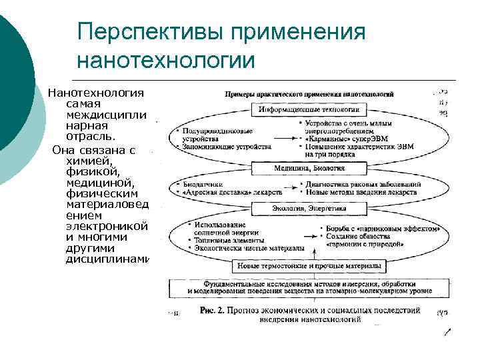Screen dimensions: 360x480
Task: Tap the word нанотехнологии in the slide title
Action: (166, 59)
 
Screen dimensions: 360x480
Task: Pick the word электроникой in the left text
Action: (107, 226)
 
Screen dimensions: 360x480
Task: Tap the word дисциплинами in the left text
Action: (107, 259)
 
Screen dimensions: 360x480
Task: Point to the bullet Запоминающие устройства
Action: (226, 145)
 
